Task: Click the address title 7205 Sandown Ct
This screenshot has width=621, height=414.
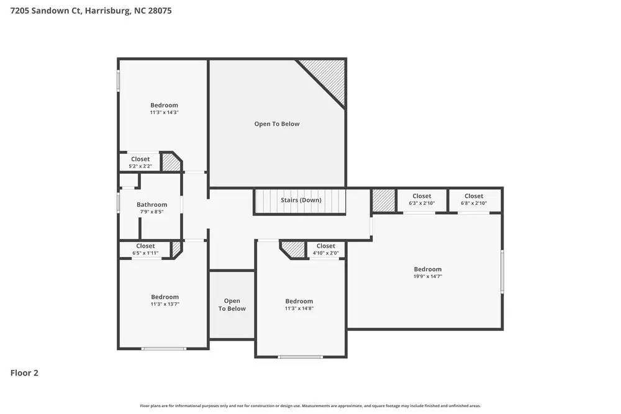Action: click(86, 11)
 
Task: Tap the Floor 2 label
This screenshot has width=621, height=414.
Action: click(24, 373)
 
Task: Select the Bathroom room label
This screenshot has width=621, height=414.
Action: click(152, 205)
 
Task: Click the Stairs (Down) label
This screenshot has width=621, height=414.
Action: click(301, 200)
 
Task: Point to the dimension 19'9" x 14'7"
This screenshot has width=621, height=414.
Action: click(428, 276)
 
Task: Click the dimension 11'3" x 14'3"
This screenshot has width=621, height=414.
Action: click(164, 112)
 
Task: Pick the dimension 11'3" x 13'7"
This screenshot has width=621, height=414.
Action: click(165, 304)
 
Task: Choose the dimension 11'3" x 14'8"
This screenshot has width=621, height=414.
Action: click(299, 308)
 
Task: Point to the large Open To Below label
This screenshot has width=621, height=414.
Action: click(276, 124)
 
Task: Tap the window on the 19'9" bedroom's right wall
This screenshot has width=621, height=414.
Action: click(502, 271)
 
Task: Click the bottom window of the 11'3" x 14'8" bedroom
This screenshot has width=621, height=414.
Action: click(300, 356)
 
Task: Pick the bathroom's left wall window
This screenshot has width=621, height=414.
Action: click(119, 203)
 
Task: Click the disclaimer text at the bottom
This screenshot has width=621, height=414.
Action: click(310, 406)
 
